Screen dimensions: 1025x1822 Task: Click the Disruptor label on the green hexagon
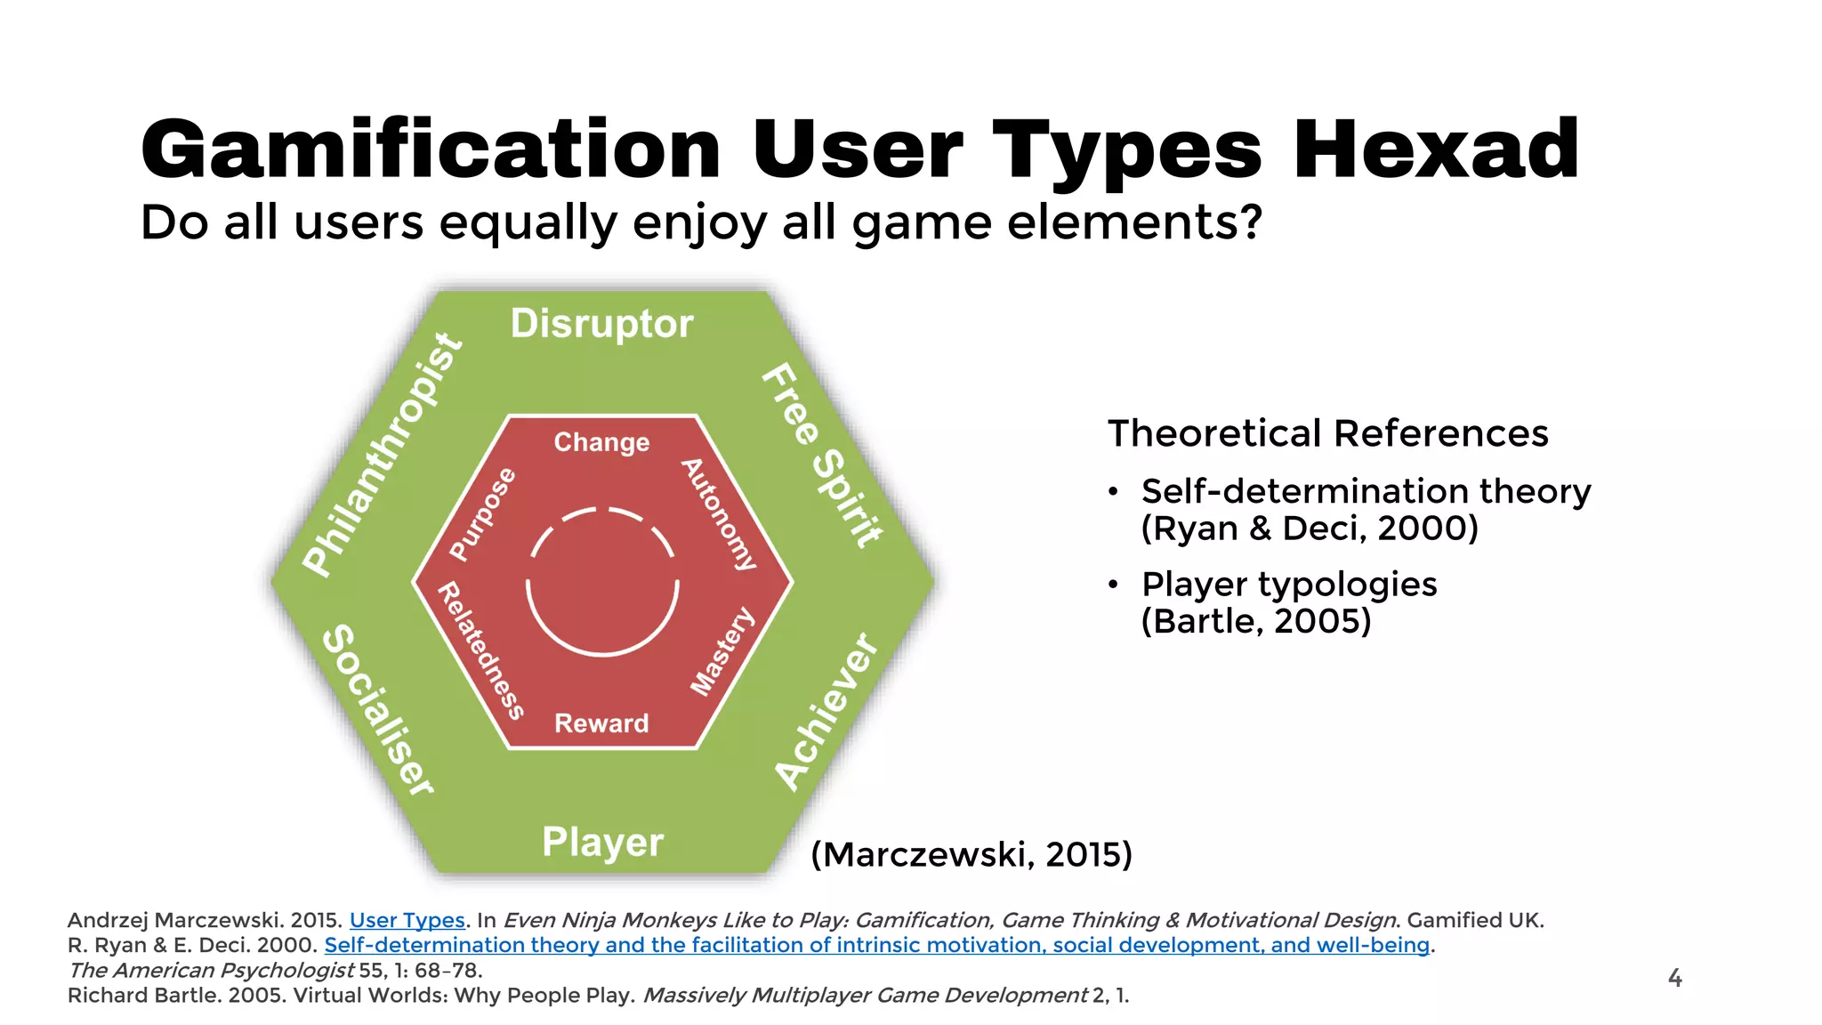[x=601, y=324]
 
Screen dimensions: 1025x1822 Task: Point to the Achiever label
[x=826, y=712]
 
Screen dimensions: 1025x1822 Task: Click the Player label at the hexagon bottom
[x=602, y=842]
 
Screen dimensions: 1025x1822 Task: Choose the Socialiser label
[x=378, y=710]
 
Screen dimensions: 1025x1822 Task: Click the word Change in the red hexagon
[x=601, y=442]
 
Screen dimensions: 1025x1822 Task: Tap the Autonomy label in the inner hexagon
[x=719, y=514]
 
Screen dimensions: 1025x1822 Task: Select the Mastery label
[x=722, y=651]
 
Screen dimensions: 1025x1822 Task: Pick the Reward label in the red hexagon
[x=601, y=723]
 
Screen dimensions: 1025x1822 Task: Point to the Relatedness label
[x=481, y=650]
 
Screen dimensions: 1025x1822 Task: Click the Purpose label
[x=482, y=514]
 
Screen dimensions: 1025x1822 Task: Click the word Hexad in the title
[x=1435, y=149]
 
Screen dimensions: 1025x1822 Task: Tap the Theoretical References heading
[x=1327, y=433]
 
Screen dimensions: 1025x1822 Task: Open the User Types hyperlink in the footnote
[x=407, y=920]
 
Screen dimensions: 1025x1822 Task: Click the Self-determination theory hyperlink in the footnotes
[x=876, y=945]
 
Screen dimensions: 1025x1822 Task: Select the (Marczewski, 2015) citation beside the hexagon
[x=971, y=854]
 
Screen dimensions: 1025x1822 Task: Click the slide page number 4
[x=1674, y=978]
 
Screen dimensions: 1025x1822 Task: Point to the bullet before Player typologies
[x=1113, y=585]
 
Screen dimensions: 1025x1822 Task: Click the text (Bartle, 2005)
[x=1255, y=621]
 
